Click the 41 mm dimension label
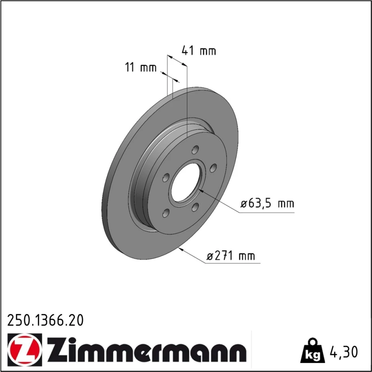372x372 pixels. [199, 51]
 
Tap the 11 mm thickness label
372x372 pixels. [141, 67]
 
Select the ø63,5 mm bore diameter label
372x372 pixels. [267, 203]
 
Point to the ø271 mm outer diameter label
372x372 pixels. [231, 256]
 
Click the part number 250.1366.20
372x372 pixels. [45, 320]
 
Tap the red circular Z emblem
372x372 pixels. [25, 349]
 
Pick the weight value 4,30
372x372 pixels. [343, 352]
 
